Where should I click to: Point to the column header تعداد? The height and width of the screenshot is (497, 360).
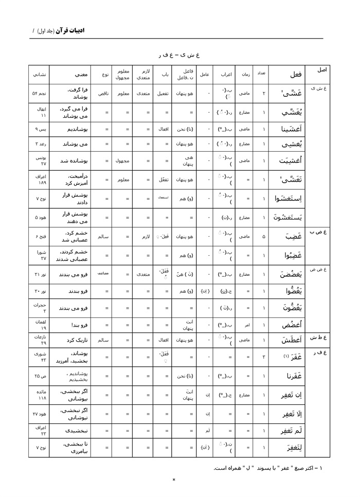(261, 74)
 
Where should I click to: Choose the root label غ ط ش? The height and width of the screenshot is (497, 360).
(319, 337)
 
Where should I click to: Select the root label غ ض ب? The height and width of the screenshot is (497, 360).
(319, 232)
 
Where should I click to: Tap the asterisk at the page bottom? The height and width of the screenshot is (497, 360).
(174, 480)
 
